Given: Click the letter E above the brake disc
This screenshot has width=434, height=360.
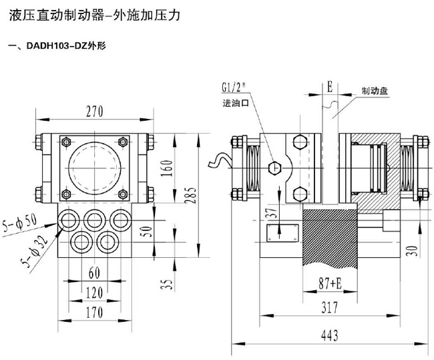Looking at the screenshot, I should [x=329, y=87].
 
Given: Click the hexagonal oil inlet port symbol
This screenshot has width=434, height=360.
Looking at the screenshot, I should [x=274, y=168].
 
